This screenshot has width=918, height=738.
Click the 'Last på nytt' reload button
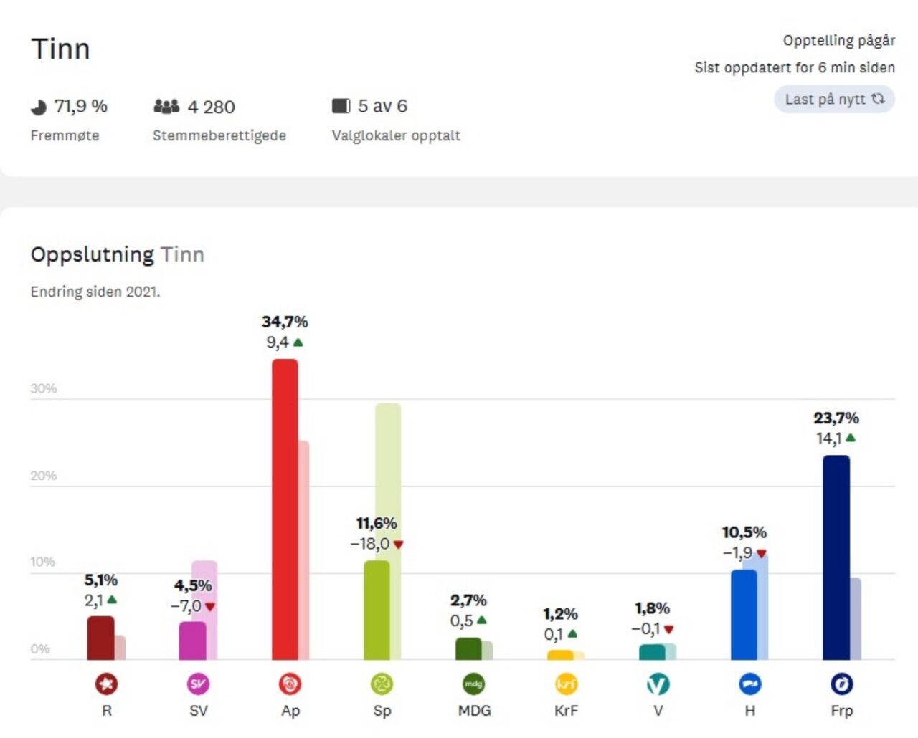click(834, 100)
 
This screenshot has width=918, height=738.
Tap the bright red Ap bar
click(285, 509)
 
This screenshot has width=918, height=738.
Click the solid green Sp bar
click(377, 610)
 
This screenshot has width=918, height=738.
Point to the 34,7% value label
click(285, 322)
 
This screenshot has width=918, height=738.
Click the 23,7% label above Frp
click(836, 418)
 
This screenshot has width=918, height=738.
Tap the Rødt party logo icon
click(107, 684)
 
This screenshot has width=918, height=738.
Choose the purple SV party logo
click(199, 684)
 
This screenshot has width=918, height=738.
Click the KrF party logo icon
click(566, 684)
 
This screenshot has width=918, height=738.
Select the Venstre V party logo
click(658, 684)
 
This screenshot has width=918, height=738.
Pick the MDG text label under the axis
click(474, 711)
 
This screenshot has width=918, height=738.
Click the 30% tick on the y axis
click(43, 388)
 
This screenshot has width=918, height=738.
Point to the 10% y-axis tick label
click(42, 562)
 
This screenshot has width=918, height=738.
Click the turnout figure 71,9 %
click(80, 107)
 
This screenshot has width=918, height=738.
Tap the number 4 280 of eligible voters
click(211, 107)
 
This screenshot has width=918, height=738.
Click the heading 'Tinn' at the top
click(60, 49)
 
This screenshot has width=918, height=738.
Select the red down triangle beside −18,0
click(399, 545)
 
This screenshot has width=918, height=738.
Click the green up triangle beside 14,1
click(851, 438)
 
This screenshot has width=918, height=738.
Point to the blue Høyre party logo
click(749, 684)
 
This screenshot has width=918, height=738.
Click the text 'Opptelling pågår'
click(838, 41)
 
